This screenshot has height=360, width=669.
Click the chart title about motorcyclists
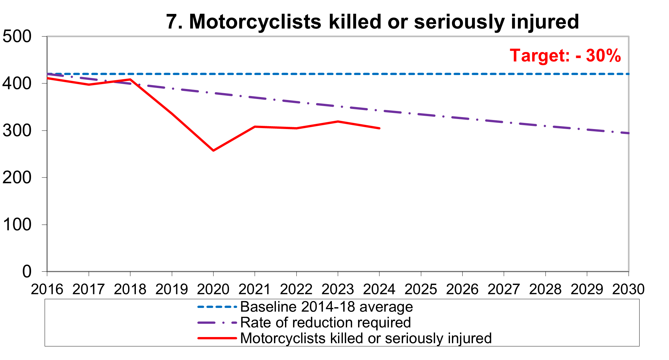[372, 22]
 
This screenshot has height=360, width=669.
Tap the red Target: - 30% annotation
[565, 56]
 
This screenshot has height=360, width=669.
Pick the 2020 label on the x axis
[213, 289]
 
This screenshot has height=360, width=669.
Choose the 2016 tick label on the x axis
[47, 289]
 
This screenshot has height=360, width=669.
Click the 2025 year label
[421, 289]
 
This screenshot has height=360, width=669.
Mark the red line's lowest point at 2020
[213, 150]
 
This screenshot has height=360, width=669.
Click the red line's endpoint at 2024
[379, 128]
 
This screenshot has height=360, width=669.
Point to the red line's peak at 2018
[130, 79]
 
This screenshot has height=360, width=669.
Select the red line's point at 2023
[338, 122]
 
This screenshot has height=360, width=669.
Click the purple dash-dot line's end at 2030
[628, 133]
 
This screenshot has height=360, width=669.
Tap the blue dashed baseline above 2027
[504, 74]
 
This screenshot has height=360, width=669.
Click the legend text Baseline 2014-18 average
[326, 307]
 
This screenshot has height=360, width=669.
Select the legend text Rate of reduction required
[325, 322]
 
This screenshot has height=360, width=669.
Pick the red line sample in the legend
[217, 338]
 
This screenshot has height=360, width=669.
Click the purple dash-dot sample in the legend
[217, 322]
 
